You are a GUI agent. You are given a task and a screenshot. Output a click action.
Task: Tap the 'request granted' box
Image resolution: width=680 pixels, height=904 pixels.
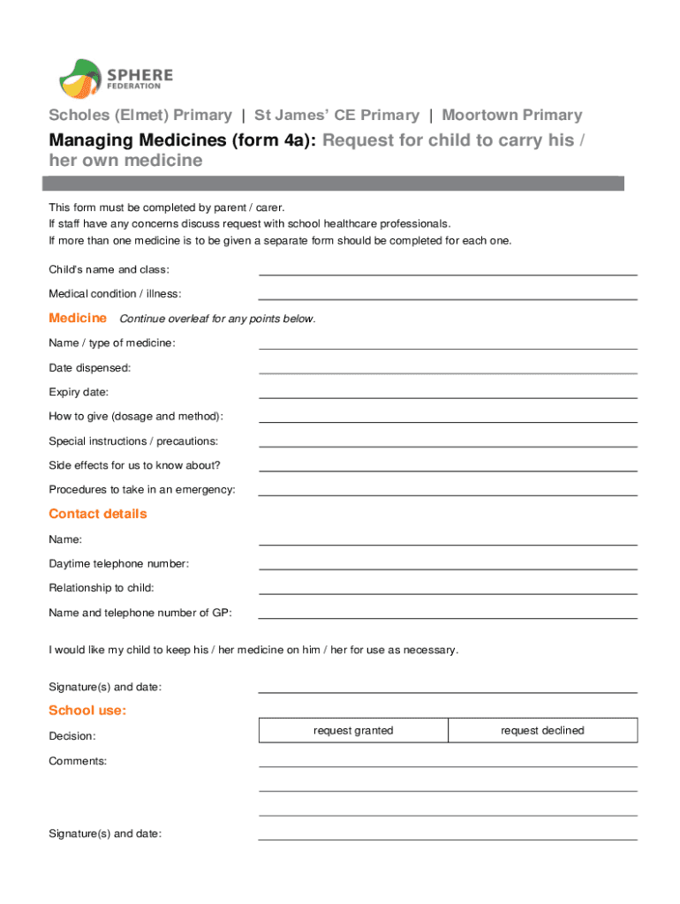tap(353, 730)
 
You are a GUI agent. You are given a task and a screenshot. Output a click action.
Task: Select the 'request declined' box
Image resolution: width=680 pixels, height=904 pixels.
tap(542, 730)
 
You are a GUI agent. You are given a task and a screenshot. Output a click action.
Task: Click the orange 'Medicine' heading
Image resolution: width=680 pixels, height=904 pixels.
tap(78, 318)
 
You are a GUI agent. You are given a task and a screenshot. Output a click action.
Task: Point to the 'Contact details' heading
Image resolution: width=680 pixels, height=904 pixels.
tap(98, 514)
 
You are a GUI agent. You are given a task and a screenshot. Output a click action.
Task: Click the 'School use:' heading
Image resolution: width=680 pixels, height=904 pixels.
tap(87, 710)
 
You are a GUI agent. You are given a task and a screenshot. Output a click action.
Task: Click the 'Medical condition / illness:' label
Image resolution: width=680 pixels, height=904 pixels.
tap(115, 294)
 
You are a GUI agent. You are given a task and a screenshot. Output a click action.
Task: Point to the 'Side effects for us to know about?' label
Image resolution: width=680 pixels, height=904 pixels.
tap(134, 465)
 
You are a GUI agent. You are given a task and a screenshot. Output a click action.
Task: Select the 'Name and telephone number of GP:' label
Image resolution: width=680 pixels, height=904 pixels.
tap(140, 613)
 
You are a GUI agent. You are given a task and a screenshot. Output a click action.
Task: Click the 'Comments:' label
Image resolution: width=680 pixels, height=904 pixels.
tap(78, 760)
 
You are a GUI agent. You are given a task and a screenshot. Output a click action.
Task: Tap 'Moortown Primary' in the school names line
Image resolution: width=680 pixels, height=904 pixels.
tap(512, 115)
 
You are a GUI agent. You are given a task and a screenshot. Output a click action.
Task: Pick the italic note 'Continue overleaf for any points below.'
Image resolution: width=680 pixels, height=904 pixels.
tap(217, 319)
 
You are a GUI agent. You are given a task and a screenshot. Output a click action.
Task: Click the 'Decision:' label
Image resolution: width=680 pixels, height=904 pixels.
tap(72, 735)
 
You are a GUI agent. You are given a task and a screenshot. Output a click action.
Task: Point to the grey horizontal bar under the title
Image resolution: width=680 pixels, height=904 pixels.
tap(334, 183)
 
